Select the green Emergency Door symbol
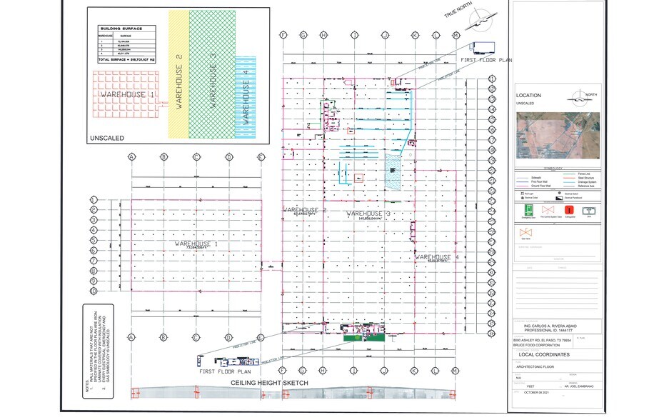(x=528, y=210)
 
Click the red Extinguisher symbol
(x=569, y=210)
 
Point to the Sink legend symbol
(x=590, y=210)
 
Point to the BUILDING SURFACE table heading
(x=121, y=29)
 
